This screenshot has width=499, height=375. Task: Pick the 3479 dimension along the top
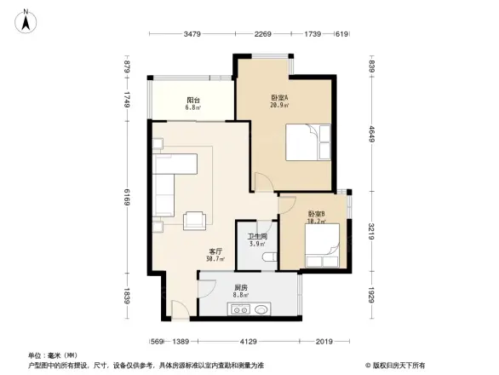(191, 34)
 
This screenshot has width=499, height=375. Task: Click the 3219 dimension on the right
(371, 232)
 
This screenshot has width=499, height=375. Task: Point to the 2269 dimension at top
(262, 34)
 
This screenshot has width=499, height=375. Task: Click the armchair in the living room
(194, 219)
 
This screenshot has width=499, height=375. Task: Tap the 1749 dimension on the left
(126, 101)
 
